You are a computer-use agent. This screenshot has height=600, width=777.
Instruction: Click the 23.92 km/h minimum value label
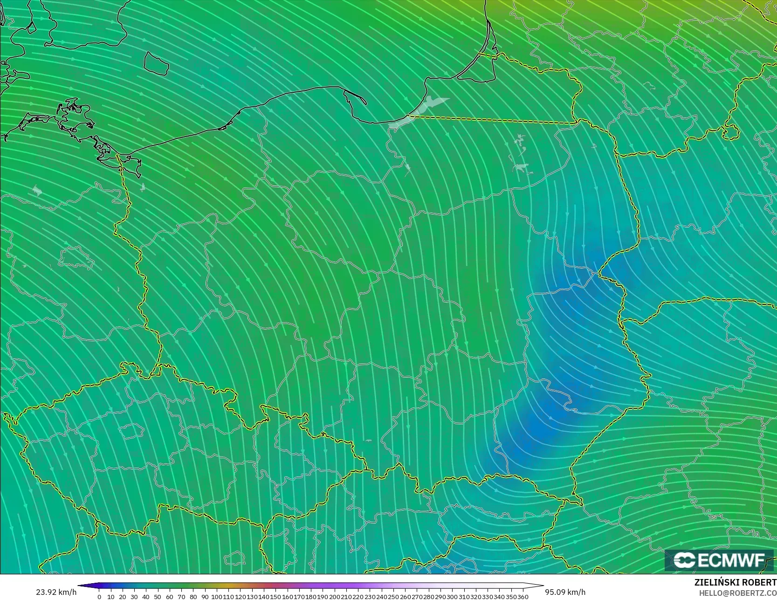coord(56,592)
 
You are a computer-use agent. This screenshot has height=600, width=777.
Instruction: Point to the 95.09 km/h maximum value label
coord(565,592)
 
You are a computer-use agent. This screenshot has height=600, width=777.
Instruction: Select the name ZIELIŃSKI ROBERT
coord(735,582)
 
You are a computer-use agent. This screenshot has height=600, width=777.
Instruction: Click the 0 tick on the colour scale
coord(99,597)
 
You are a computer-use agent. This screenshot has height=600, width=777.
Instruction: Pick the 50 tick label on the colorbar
coord(158,597)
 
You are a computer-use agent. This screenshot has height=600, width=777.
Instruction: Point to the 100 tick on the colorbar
coord(216,597)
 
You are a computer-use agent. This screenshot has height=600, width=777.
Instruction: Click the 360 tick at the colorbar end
coord(523,597)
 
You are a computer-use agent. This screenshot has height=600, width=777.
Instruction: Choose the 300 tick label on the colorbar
coord(452,597)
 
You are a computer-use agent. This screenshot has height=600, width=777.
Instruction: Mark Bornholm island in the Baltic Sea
coord(156,63)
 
